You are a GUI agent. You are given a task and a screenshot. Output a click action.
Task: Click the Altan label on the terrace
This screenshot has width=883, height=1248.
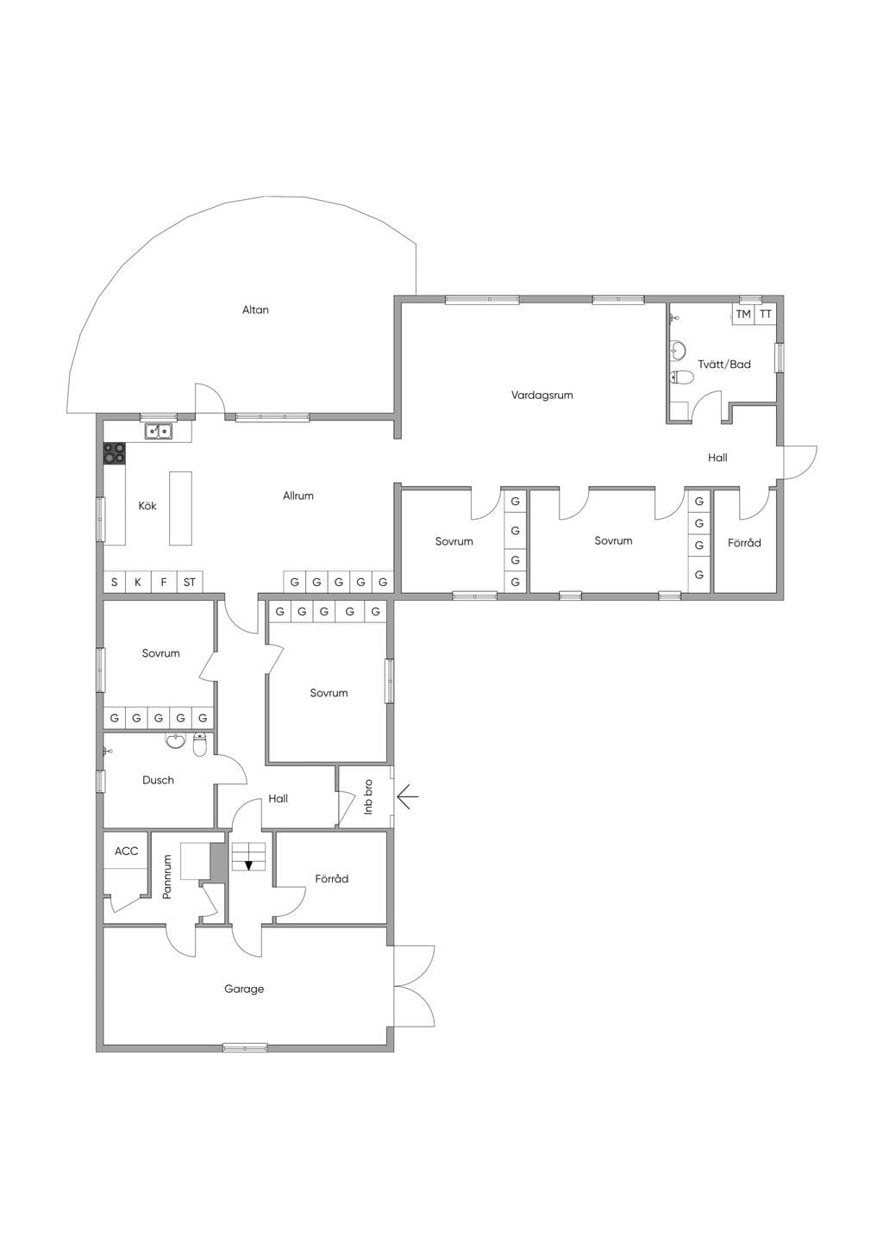(x=255, y=309)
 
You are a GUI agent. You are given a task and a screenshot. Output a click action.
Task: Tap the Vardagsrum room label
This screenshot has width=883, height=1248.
(x=542, y=396)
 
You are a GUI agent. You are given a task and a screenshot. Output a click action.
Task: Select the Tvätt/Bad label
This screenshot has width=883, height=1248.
(x=724, y=365)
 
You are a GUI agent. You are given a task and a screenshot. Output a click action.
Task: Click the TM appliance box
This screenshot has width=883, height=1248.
(x=743, y=315)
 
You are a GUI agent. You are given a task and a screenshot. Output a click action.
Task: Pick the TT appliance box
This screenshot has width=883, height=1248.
(x=766, y=315)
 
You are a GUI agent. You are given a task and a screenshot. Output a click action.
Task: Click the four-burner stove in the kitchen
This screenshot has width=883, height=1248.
(x=115, y=453)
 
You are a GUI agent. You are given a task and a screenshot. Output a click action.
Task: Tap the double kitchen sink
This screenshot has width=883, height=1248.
(x=159, y=431)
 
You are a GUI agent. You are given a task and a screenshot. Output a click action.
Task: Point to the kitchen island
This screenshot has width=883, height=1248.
(x=180, y=509)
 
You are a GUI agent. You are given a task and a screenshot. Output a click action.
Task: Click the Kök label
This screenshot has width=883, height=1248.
(x=147, y=506)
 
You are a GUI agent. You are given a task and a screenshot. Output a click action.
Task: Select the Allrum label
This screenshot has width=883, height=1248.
(x=298, y=496)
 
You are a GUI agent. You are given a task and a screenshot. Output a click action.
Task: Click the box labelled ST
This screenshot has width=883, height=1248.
(x=190, y=583)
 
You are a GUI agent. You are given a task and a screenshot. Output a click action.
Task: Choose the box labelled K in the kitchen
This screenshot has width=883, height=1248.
(x=138, y=583)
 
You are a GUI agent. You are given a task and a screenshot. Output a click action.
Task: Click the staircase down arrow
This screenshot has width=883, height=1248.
(x=248, y=864)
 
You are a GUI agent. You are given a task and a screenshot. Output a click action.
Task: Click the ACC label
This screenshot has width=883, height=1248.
(x=127, y=851)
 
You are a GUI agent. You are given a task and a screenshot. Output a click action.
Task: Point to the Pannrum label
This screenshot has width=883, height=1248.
(x=167, y=877)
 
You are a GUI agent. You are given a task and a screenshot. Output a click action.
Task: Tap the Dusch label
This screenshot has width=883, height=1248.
(x=159, y=780)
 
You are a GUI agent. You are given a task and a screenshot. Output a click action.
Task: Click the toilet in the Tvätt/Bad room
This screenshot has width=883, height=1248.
(x=681, y=378)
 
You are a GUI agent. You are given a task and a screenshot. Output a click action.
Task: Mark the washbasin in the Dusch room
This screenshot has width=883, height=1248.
(x=176, y=741)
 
